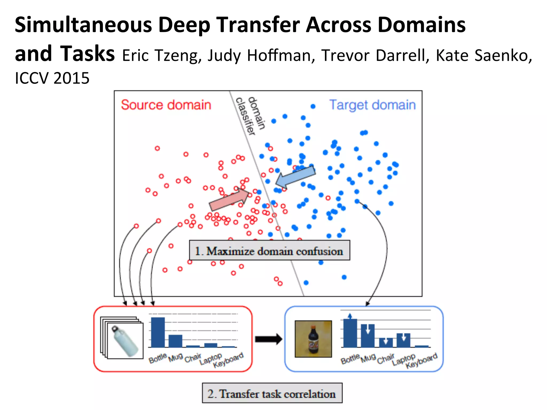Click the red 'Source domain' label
point(166,105)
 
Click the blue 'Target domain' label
point(373,105)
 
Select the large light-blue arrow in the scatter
point(295,177)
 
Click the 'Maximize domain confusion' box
point(269,251)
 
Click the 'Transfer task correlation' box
point(272,393)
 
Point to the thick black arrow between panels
point(268,339)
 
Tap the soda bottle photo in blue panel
point(313,339)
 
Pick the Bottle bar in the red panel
point(158,332)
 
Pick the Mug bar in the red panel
point(175,341)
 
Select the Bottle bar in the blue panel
point(350,333)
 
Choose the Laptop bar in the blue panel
point(403,340)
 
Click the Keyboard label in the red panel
point(228,360)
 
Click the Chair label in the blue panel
point(385,359)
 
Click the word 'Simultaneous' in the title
point(83,25)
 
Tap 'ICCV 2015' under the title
point(52,78)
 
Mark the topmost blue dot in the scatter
point(313,107)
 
